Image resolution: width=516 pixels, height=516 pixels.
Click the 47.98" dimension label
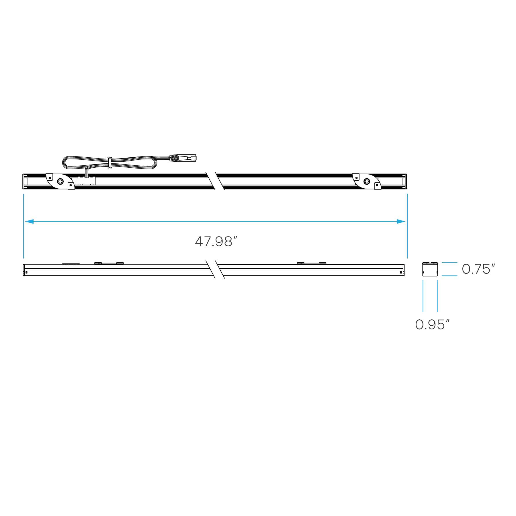[216, 242]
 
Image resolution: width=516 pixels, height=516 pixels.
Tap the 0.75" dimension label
[478, 269]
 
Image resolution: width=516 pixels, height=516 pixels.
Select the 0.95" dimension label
[432, 325]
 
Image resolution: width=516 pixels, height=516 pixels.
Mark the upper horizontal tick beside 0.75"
[449, 262]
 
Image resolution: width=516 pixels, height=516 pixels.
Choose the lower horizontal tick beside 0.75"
[449, 276]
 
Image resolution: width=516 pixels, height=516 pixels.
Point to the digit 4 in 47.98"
[200, 242]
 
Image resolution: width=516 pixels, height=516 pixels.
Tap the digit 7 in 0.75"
[478, 269]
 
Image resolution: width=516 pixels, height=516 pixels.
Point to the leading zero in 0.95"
[420, 325]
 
